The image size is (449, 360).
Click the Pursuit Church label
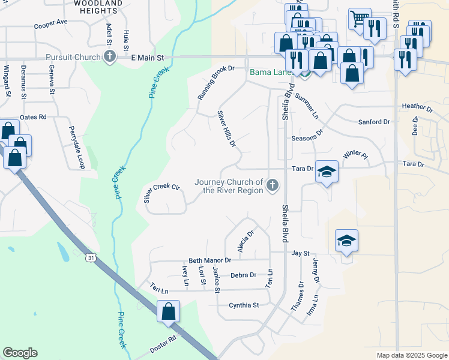(71, 58)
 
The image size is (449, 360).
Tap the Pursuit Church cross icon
(109, 58)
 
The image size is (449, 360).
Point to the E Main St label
(148, 58)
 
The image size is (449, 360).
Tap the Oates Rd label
(33, 116)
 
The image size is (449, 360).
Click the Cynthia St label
(244, 305)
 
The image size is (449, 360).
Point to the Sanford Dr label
(374, 122)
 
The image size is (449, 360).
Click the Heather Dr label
(417, 107)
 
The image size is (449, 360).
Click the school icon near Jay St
(347, 241)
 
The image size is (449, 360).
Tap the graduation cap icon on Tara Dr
(327, 172)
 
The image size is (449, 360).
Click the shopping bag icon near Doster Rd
(169, 311)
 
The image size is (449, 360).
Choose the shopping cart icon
(359, 18)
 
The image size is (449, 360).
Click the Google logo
(20, 353)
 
